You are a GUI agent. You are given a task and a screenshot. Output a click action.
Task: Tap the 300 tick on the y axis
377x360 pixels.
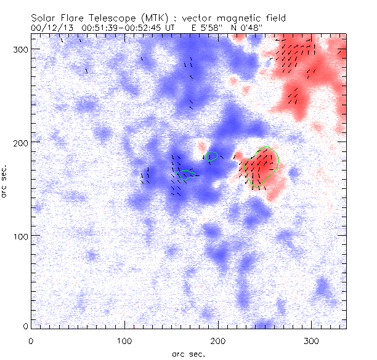pos(19,49)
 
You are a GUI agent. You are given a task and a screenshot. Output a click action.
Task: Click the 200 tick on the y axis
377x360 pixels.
pos(19,142)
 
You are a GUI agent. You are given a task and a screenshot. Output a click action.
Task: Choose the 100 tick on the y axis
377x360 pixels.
pos(19,236)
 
